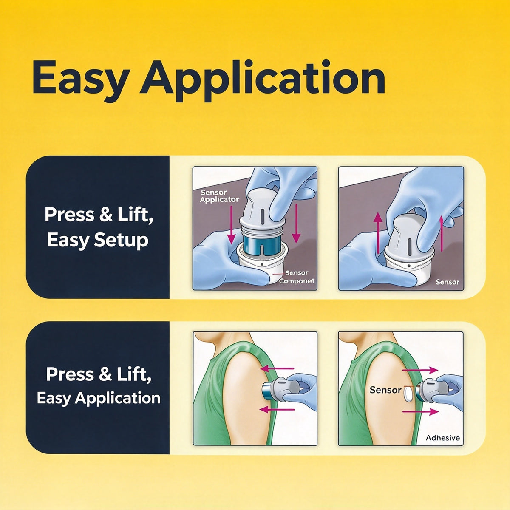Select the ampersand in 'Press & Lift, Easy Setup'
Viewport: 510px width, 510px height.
[x=106, y=215]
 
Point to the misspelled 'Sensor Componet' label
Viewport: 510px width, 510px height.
[x=296, y=277]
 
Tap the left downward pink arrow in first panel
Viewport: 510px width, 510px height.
[x=231, y=225]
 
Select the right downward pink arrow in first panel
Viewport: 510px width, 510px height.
[x=296, y=224]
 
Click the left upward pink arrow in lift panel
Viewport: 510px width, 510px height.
[x=378, y=234]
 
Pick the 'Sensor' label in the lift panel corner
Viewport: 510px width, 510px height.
[x=447, y=282]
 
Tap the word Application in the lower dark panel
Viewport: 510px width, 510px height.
[x=117, y=398]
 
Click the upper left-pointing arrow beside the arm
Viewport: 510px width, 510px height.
[x=277, y=368]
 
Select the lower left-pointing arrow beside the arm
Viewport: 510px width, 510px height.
[x=277, y=410]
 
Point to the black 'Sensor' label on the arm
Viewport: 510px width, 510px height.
[x=385, y=390]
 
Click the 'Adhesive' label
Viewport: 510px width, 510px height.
[x=442, y=438]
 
